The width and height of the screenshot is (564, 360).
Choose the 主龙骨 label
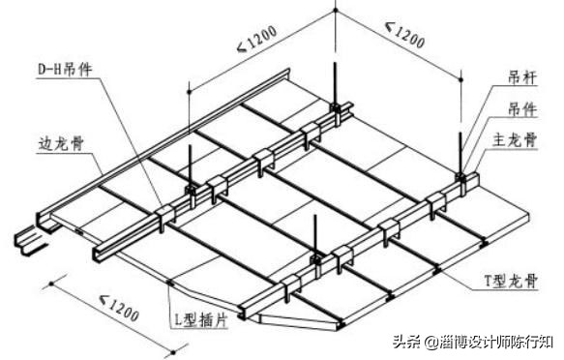pos(522,139)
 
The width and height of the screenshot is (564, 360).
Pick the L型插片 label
pos(201,316)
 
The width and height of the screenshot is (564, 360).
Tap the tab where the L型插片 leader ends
pos(171,283)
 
